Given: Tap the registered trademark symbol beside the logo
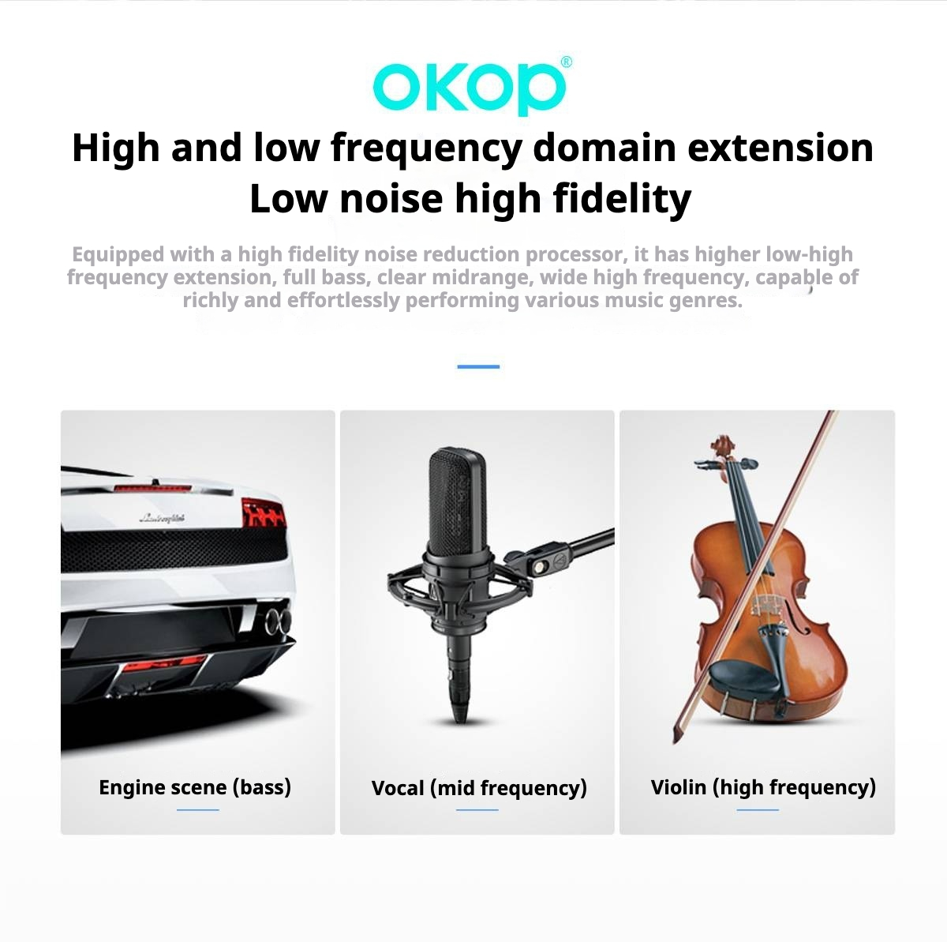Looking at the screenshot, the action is point(566,62).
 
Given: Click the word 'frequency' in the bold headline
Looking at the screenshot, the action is point(425,148).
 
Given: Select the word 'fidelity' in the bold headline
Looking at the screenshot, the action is point(622,198).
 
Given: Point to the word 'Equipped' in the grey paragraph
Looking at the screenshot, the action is point(118,255).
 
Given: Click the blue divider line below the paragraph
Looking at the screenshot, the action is point(478,366).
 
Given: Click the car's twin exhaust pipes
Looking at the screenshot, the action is point(278,621).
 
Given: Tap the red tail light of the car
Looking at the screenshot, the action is point(264,512).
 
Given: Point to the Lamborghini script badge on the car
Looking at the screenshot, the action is point(163,517).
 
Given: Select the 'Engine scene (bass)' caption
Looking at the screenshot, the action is point(195,787).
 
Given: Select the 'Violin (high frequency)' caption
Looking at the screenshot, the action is point(763,787).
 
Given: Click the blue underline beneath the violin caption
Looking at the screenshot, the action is point(758,810).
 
